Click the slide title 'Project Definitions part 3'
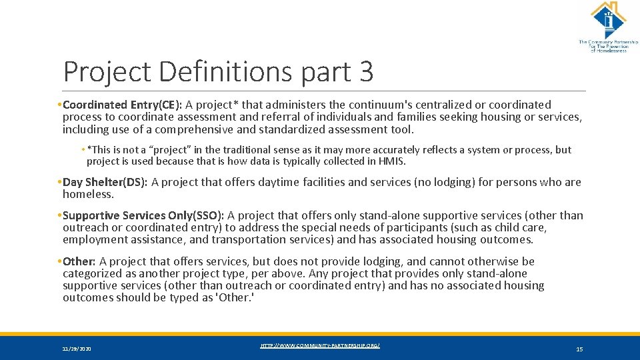[218, 72]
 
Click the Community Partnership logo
[608, 27]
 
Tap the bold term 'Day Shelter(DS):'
[105, 182]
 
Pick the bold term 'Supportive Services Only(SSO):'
[143, 215]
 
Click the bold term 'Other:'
[79, 261]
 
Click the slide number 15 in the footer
[579, 349]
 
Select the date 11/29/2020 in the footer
[77, 349]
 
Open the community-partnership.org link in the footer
[320, 345]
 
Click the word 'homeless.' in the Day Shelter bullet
[89, 194]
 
